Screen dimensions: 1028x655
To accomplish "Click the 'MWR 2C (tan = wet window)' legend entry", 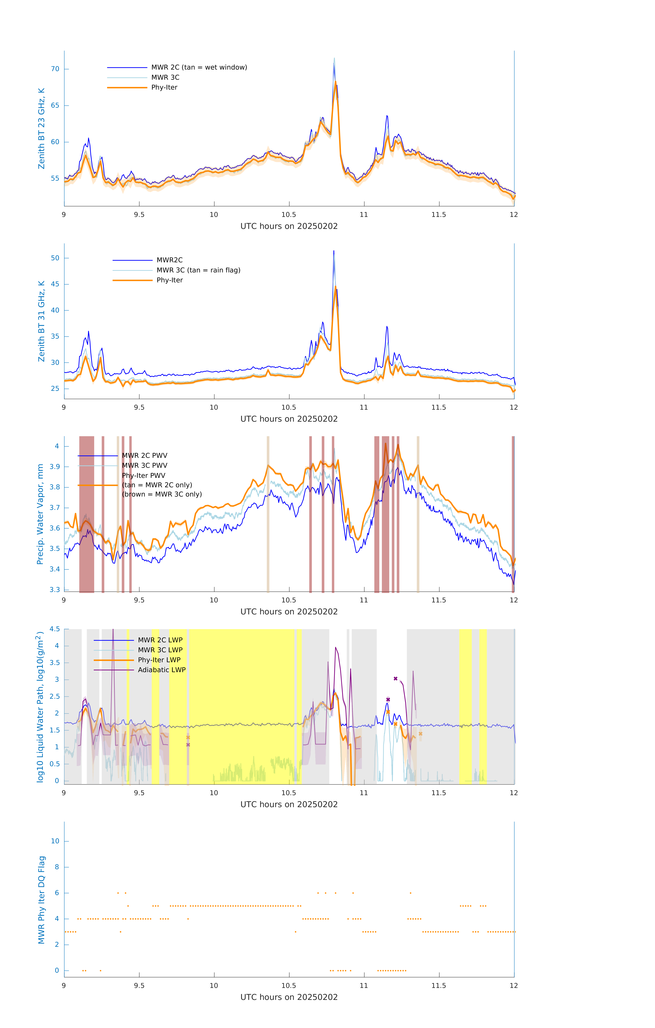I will point(199,68).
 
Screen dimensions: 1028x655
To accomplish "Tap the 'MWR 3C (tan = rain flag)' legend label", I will point(198,270).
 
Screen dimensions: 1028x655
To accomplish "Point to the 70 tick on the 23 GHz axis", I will point(55,69).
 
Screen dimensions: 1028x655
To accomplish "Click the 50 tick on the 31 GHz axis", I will point(55,258).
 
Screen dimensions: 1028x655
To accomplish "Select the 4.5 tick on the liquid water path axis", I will point(55,629).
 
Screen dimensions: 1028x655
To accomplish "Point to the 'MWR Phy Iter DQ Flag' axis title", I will point(41,900).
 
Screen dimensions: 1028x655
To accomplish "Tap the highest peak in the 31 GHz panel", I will point(334,251).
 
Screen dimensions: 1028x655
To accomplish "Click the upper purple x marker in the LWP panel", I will point(396,679).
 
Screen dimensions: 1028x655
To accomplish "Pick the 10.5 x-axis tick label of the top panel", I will point(289,215).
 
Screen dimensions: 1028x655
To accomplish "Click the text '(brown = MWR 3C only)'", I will point(162,494).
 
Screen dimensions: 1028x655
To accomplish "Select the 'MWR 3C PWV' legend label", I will point(145,466).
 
